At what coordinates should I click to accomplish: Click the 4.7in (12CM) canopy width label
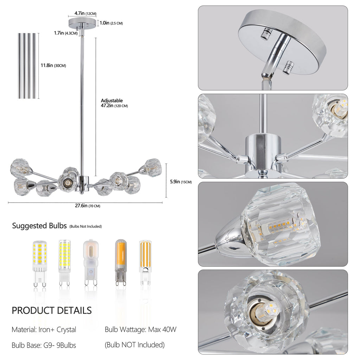coord(85,13)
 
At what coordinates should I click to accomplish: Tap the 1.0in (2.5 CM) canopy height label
coord(111,23)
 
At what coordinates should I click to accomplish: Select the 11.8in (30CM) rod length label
coord(53,65)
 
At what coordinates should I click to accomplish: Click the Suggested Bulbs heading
coord(39,226)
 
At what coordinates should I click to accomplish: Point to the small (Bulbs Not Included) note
coord(85,226)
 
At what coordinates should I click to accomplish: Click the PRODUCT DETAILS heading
coord(52,310)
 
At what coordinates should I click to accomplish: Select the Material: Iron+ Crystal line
coord(44,330)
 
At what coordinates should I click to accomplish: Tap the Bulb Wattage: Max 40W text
coord(140,330)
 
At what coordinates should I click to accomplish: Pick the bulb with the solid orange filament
coord(120,262)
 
